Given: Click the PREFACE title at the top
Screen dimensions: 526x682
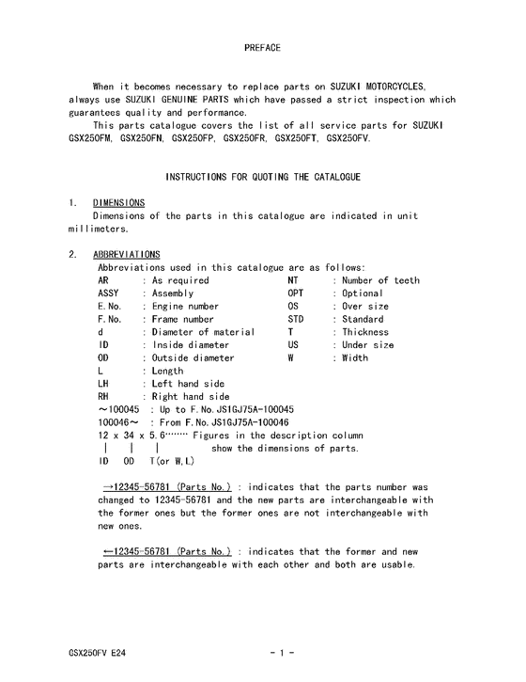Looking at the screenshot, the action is click(262, 46).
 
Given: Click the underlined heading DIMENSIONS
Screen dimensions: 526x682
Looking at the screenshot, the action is click(118, 202).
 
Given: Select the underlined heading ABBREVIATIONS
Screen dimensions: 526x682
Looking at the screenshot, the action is click(126, 254).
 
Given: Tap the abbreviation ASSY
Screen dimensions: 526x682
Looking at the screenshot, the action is click(109, 293).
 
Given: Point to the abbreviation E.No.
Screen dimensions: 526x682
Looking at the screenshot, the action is click(110, 307).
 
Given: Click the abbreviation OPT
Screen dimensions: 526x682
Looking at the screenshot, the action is click(296, 293).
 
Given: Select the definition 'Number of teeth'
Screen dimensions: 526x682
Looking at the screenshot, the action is click(380, 280).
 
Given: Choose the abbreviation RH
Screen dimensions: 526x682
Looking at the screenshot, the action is click(104, 397).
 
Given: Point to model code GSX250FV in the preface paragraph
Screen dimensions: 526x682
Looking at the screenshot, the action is click(348, 138).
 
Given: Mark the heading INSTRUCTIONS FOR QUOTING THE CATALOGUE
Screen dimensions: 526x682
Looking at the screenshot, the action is click(263, 177).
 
